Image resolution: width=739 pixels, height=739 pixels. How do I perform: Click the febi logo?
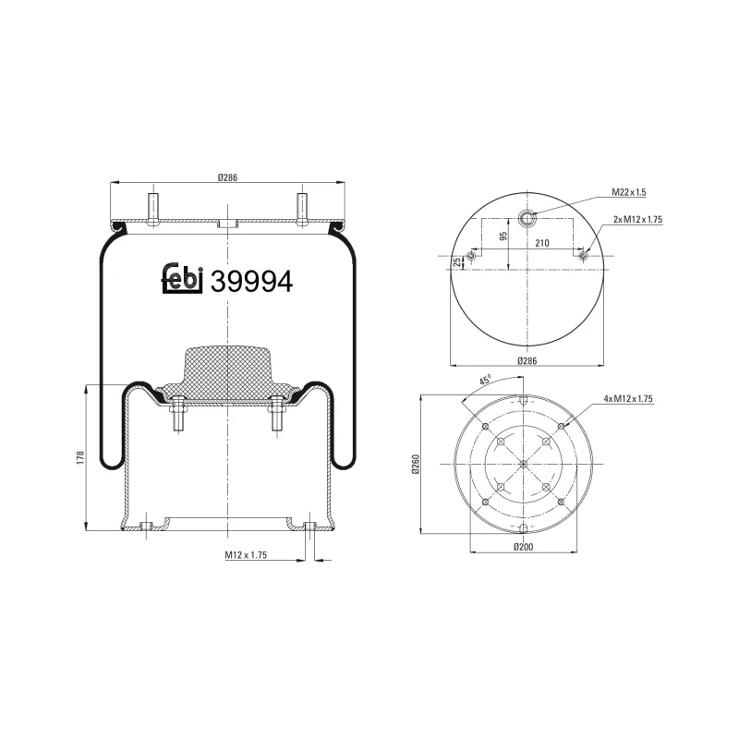point(182,281)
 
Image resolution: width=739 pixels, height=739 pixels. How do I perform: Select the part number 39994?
point(252,282)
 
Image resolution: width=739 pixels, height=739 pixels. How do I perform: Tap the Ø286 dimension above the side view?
point(228,178)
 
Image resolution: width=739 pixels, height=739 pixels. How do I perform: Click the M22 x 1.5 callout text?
point(628,192)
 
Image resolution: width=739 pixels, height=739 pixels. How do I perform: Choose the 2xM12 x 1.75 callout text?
point(638,220)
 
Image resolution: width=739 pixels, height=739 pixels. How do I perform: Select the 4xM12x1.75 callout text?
point(628,398)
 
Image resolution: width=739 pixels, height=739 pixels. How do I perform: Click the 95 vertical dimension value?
point(504,236)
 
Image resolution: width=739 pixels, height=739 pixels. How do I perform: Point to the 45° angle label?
point(484,381)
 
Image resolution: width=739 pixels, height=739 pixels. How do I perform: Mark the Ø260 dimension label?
point(416,465)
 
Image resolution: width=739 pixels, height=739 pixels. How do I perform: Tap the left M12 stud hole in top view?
point(471,255)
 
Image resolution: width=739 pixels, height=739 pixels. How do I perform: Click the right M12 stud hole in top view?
point(582,255)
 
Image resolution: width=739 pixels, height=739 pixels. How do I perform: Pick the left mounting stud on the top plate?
point(153,207)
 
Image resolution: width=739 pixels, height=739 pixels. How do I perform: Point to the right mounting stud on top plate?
point(302,207)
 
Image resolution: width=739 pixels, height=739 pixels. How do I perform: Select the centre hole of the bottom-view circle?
point(523,464)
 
